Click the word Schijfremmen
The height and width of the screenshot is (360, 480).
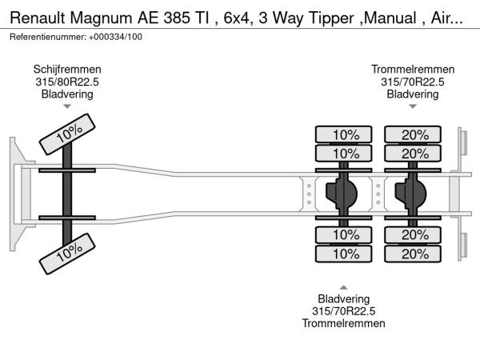pyautogui.click(x=67, y=69)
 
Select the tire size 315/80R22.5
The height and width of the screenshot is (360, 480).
pyautogui.click(x=67, y=82)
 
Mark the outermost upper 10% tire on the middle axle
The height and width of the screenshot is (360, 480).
pyautogui.click(x=346, y=134)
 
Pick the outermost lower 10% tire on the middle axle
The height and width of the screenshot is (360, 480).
pyautogui.click(x=346, y=254)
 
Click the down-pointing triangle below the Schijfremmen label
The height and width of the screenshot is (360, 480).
pyautogui.click(x=67, y=106)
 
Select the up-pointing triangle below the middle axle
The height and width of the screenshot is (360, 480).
pyautogui.click(x=344, y=287)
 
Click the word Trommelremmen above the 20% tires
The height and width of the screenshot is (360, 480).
pyautogui.click(x=413, y=69)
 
